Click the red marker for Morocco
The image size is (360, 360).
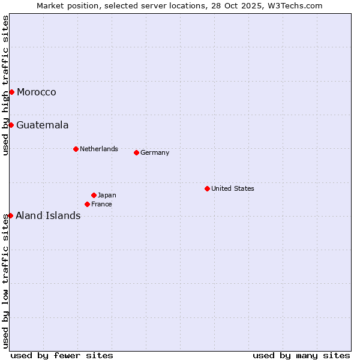coord(11,92)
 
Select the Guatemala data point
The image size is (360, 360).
coord(11,125)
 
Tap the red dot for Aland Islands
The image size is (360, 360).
coord(10,215)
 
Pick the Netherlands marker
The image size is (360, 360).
coord(76,149)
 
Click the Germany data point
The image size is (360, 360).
coord(136,152)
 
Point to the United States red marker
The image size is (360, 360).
coord(207,188)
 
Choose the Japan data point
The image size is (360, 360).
coord(94,195)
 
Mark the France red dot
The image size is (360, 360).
coord(87,204)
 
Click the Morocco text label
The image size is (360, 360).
coord(37,92)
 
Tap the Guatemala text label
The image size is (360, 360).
coord(43,125)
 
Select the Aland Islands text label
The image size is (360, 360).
coord(48,215)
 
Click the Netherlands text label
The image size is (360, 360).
coord(99,149)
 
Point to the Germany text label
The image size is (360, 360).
coord(155,152)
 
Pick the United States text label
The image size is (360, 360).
coord(233,188)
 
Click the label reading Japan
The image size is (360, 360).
coord(107,195)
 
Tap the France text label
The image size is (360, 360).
coord(101,204)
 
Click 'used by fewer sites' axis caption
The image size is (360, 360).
coord(62,355)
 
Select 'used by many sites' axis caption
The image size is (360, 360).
coord(301,355)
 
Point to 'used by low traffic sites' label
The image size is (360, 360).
coord(5,281)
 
